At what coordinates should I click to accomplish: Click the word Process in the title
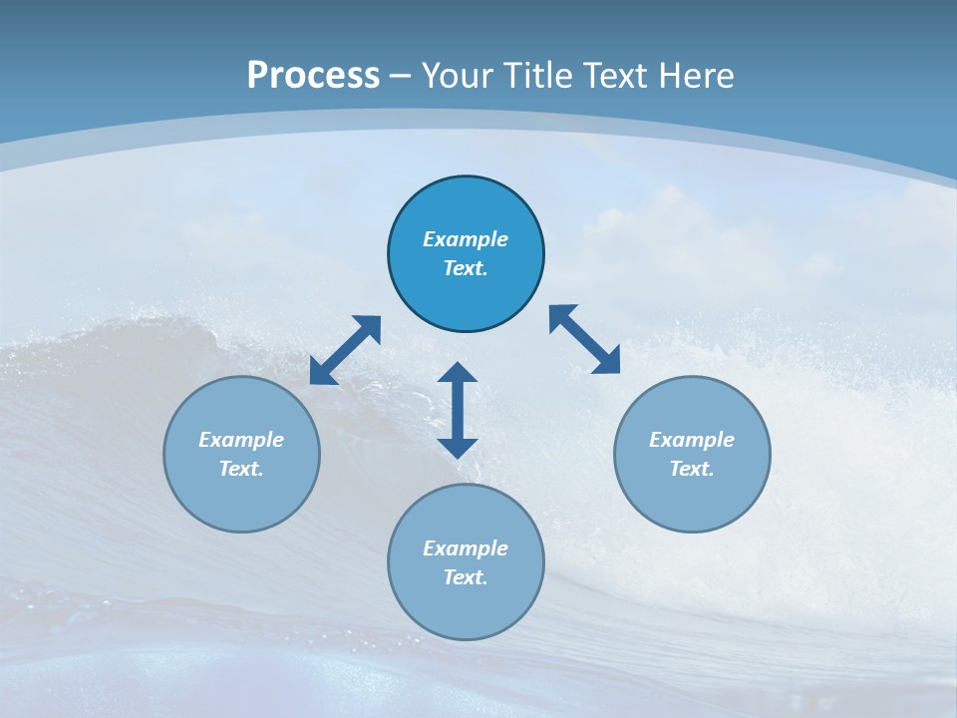[313, 76]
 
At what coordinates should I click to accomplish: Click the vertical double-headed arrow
[458, 410]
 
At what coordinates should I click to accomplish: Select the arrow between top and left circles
[345, 350]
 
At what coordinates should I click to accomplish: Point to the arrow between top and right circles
[584, 339]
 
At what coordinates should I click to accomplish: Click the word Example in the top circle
[466, 239]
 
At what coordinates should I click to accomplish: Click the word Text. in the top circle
[466, 268]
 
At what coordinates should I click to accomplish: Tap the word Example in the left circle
[241, 440]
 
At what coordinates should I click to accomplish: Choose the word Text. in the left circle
[241, 469]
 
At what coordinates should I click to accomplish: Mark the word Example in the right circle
[692, 440]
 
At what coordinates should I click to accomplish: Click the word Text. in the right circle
[692, 469]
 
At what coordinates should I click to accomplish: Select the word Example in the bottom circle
[466, 548]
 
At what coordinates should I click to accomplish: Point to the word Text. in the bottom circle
[466, 577]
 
